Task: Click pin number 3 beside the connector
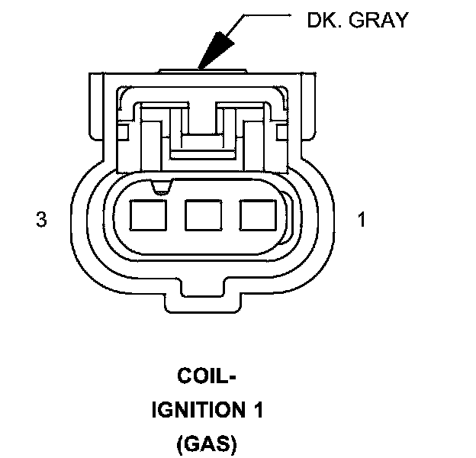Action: click(x=42, y=221)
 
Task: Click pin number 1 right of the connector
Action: click(x=362, y=221)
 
